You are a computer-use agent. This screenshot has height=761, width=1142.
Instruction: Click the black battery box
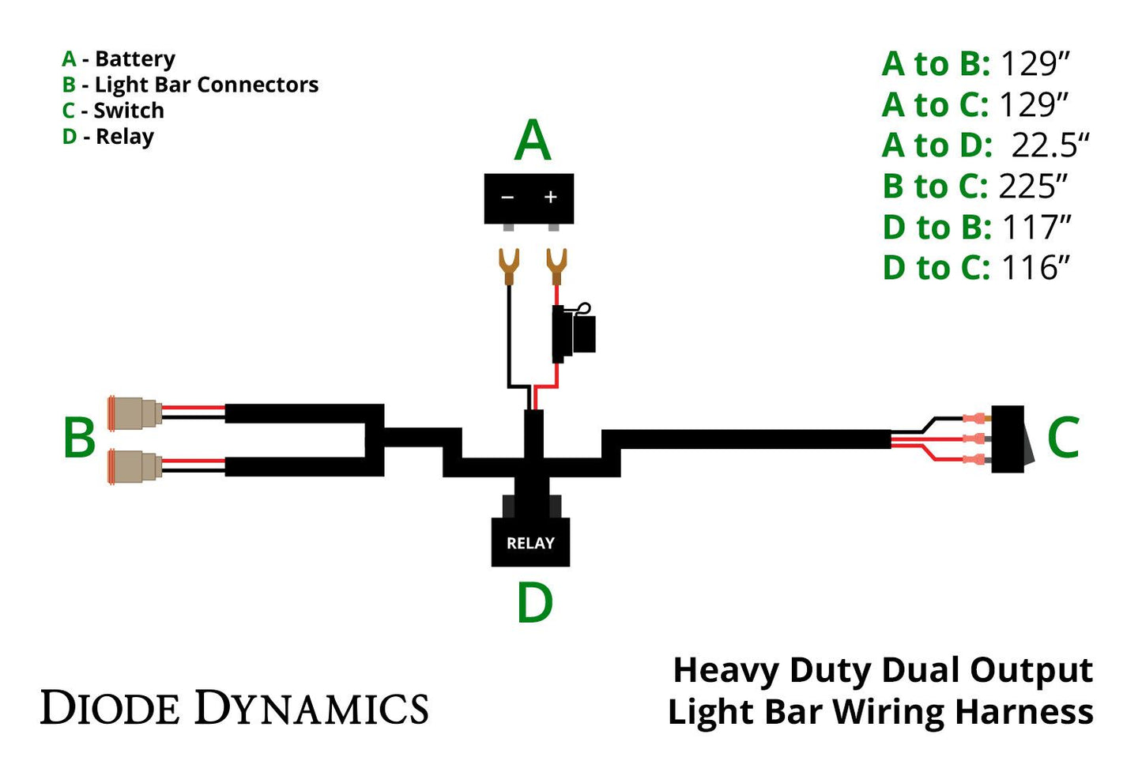click(528, 199)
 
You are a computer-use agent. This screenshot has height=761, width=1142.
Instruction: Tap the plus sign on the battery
click(551, 197)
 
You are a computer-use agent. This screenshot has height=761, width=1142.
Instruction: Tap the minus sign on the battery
click(507, 197)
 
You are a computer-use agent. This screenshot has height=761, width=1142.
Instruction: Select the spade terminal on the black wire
click(508, 266)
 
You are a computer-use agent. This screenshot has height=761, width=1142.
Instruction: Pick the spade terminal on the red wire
click(556, 266)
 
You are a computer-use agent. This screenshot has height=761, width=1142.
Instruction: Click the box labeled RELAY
click(530, 542)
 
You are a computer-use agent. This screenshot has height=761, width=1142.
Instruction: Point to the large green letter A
click(532, 141)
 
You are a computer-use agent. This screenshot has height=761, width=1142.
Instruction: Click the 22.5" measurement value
click(1050, 145)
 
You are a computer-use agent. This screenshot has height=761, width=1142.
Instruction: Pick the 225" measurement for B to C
click(1033, 186)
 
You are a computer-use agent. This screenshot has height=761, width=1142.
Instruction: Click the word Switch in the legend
click(129, 111)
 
